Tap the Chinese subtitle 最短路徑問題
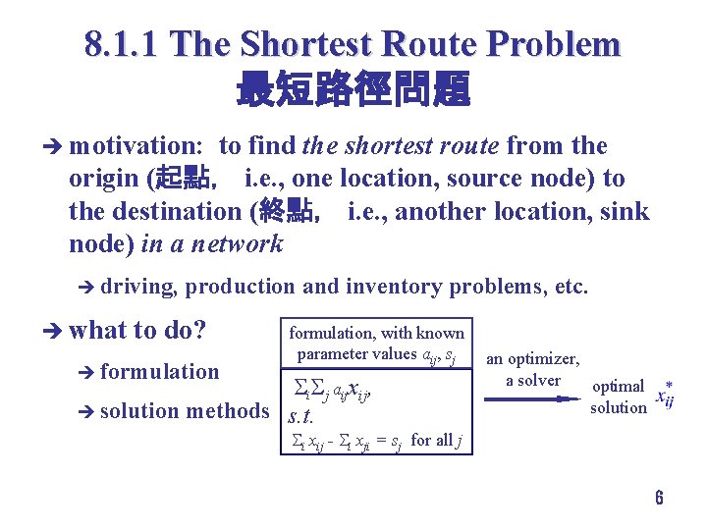click(353, 90)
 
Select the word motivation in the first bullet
click(136, 146)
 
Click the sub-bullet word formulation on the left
click(159, 371)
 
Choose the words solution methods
click(184, 411)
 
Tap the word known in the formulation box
click(441, 333)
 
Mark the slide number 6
click(659, 498)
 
